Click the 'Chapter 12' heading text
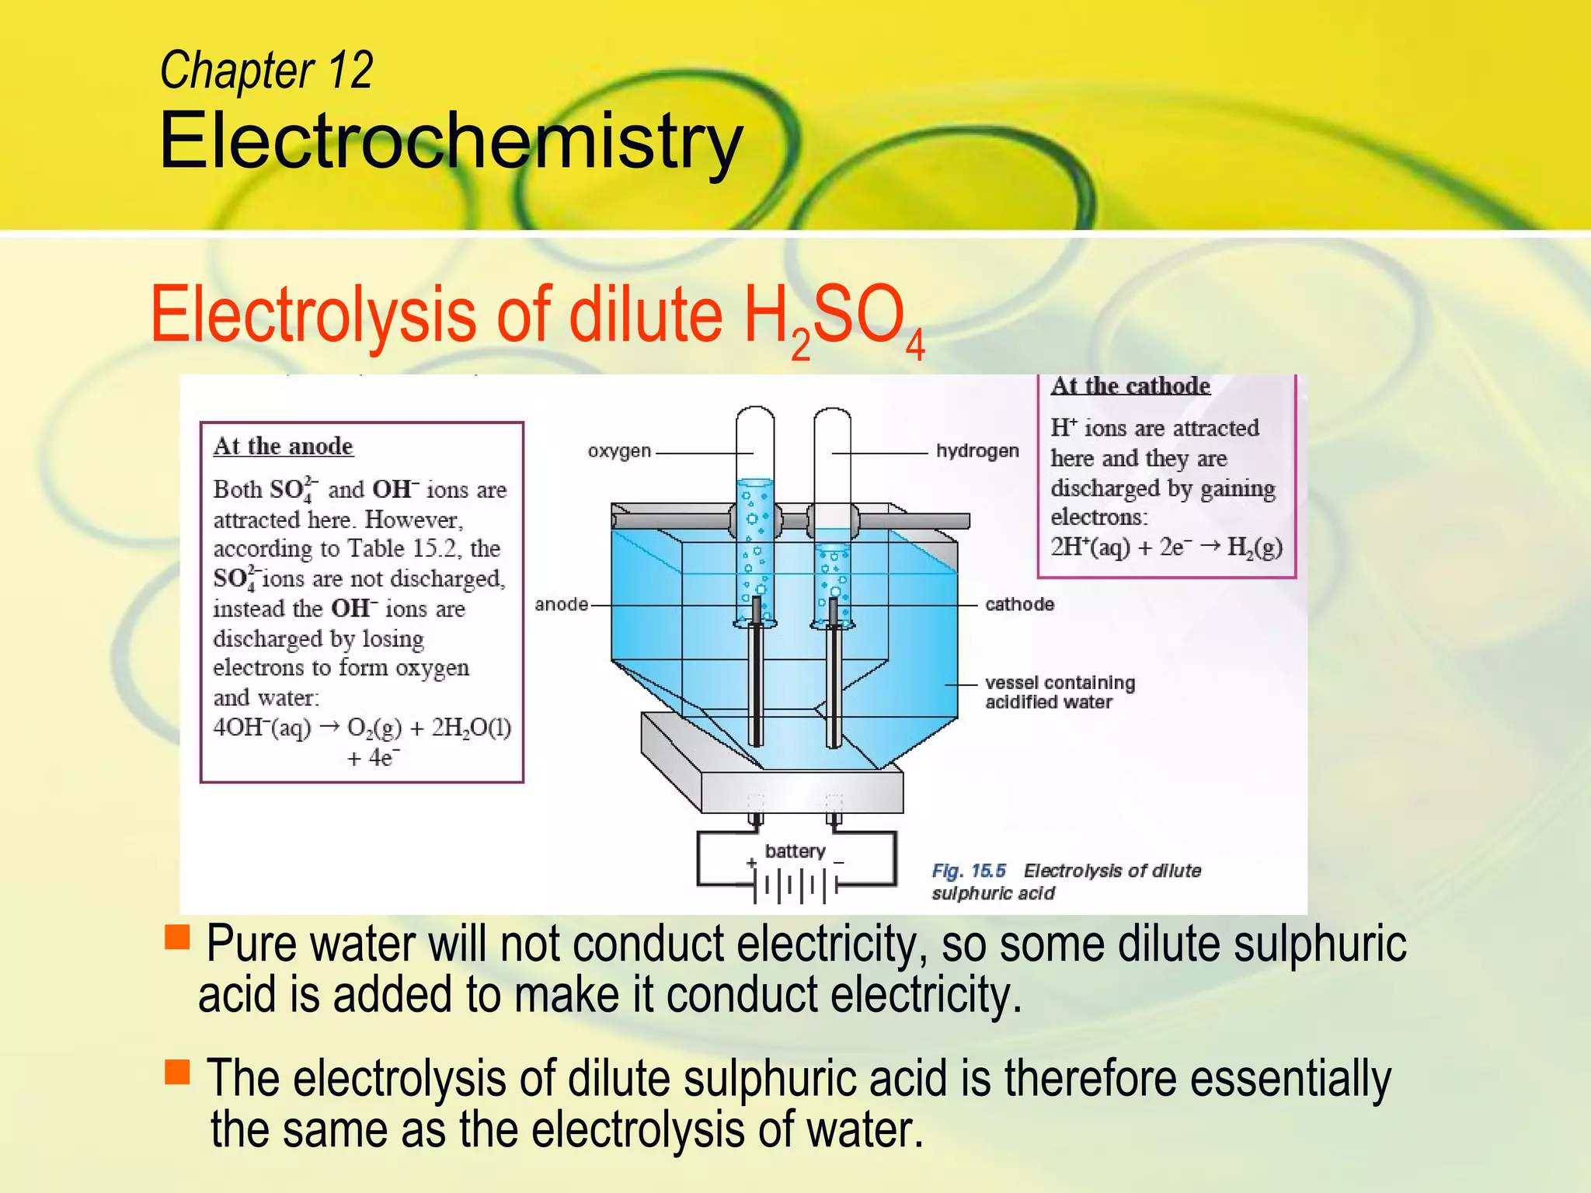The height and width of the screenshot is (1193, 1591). click(x=266, y=71)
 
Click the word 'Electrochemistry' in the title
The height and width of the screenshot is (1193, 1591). click(x=451, y=141)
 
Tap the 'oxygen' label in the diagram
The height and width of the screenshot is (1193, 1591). click(x=619, y=451)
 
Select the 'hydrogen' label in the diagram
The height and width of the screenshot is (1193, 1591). click(x=977, y=451)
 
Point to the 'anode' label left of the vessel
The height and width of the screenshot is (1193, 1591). click(x=561, y=604)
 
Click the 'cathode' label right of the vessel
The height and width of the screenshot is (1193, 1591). click(x=1019, y=604)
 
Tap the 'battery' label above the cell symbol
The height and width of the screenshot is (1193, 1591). click(x=795, y=851)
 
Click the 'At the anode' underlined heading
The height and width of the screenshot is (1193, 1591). click(x=283, y=447)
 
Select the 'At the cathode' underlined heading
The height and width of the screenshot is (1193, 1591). click(x=1130, y=386)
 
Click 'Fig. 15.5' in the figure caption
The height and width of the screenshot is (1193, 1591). click(x=968, y=871)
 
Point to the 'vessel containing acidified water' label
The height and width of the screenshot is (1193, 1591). click(x=1060, y=692)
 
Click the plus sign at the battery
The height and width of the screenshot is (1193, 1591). click(x=751, y=863)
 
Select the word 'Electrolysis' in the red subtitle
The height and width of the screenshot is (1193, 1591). click(x=312, y=315)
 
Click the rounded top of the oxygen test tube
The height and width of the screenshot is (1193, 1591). click(x=755, y=416)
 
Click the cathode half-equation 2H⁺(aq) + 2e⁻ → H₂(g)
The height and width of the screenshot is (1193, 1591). click(x=1166, y=548)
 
